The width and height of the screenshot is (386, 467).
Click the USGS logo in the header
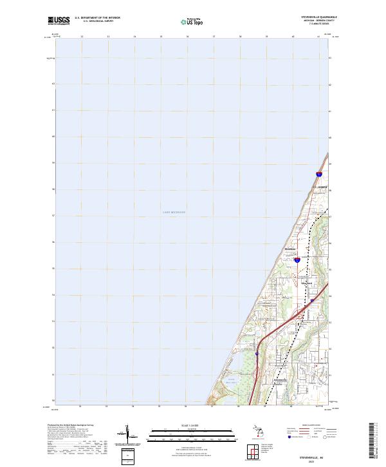point(59,21)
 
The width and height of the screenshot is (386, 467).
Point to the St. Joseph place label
point(320,187)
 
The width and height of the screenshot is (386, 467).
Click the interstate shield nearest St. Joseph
point(319,174)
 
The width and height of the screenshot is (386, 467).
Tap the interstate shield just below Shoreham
point(297,261)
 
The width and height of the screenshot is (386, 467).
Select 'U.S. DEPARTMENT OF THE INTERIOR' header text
point(98,17)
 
